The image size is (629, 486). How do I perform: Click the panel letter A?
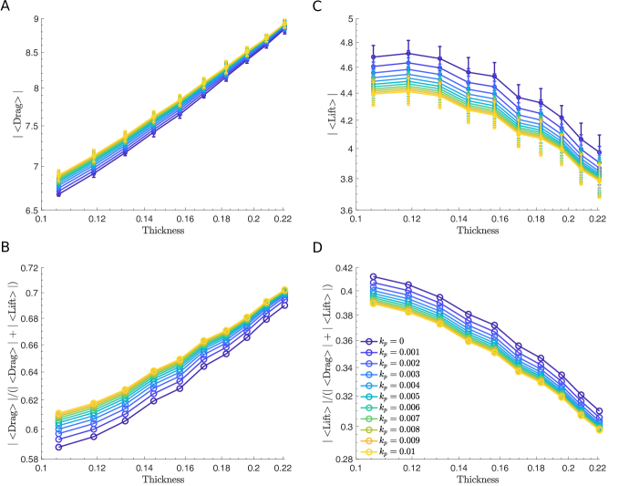6,5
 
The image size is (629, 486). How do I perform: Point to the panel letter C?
317,5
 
